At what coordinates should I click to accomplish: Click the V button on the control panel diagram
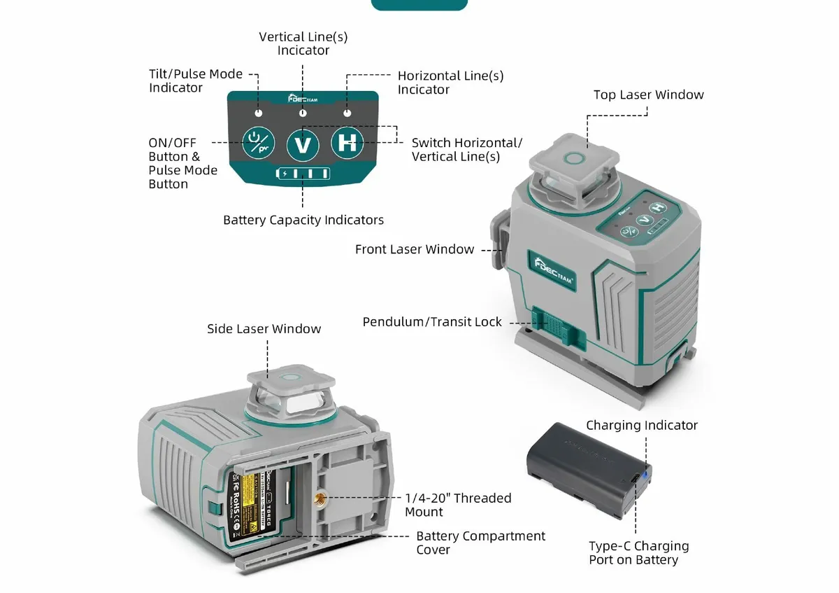pyautogui.click(x=303, y=144)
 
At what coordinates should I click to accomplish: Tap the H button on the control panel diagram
pyautogui.click(x=347, y=143)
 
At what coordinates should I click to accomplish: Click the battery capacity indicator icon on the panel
pyautogui.click(x=303, y=174)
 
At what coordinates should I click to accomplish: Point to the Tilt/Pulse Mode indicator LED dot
pyautogui.click(x=258, y=113)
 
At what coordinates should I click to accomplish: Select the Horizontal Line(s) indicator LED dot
pyautogui.click(x=347, y=113)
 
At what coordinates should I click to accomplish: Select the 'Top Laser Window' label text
pyautogui.click(x=648, y=95)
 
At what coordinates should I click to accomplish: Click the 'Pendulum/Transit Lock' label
pyautogui.click(x=432, y=322)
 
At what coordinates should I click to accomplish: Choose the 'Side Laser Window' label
pyautogui.click(x=264, y=328)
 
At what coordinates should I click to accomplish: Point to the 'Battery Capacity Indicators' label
pyautogui.click(x=303, y=220)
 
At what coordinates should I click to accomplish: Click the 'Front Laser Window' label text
pyautogui.click(x=414, y=249)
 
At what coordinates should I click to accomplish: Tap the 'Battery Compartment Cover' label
pyautogui.click(x=480, y=543)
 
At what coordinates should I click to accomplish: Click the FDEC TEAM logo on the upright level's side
pyautogui.click(x=552, y=270)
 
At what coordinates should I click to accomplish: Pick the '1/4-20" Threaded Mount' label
pyautogui.click(x=458, y=505)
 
